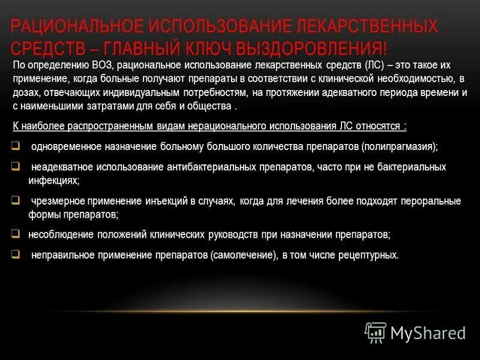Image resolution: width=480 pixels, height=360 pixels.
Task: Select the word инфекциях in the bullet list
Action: pyautogui.click(x=53, y=179)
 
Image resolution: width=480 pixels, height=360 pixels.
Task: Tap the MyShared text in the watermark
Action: pyautogui.click(x=428, y=332)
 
